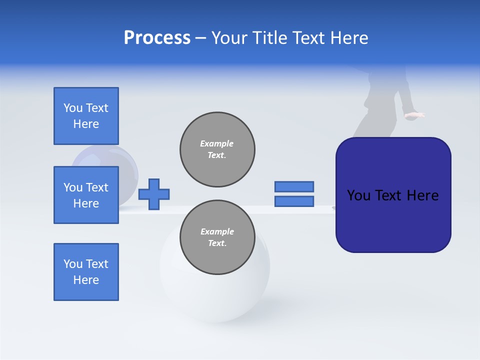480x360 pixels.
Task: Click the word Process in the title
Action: point(157,38)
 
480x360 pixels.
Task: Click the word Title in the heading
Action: point(269,38)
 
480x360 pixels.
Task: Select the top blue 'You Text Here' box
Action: point(86,116)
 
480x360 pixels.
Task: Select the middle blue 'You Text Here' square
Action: point(86,195)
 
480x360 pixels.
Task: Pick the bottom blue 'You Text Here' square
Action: point(86,272)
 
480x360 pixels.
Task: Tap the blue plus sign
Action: point(154,194)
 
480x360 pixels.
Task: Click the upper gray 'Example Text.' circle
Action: point(217,149)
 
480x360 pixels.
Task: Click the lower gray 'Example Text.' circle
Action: point(217,237)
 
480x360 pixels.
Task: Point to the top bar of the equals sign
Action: point(294,186)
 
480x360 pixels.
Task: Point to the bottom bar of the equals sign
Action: point(294,201)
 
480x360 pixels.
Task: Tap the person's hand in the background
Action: point(414,115)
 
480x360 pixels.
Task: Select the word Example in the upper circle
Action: point(217,143)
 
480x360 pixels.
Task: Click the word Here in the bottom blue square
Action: point(86,280)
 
